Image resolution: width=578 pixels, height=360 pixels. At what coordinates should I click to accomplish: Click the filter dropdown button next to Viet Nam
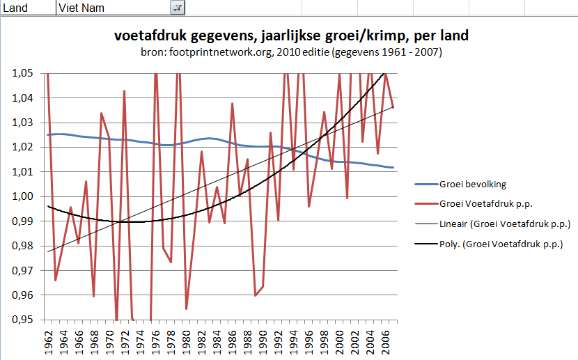(x=177, y=7)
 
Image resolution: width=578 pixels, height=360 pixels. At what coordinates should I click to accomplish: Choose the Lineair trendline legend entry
(x=504, y=224)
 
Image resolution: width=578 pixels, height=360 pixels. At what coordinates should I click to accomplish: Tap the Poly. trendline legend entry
(x=500, y=244)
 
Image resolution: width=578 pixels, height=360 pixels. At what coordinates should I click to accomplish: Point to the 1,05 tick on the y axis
(x=22, y=73)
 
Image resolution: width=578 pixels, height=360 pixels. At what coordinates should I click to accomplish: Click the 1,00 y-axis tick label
(x=22, y=196)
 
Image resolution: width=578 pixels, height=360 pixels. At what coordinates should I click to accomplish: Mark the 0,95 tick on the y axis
(x=22, y=320)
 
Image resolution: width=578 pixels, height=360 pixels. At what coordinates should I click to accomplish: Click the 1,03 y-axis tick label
(x=22, y=123)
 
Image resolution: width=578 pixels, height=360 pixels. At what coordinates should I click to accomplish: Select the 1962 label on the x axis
(x=48, y=341)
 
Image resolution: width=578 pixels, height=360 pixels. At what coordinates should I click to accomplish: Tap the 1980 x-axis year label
(x=186, y=341)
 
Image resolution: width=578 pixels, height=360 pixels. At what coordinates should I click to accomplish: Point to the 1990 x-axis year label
(x=263, y=341)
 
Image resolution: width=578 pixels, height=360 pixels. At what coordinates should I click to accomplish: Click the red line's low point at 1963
(x=55, y=280)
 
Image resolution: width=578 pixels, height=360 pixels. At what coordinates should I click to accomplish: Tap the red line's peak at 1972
(x=124, y=91)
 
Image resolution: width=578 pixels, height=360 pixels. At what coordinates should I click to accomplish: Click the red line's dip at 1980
(x=186, y=308)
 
